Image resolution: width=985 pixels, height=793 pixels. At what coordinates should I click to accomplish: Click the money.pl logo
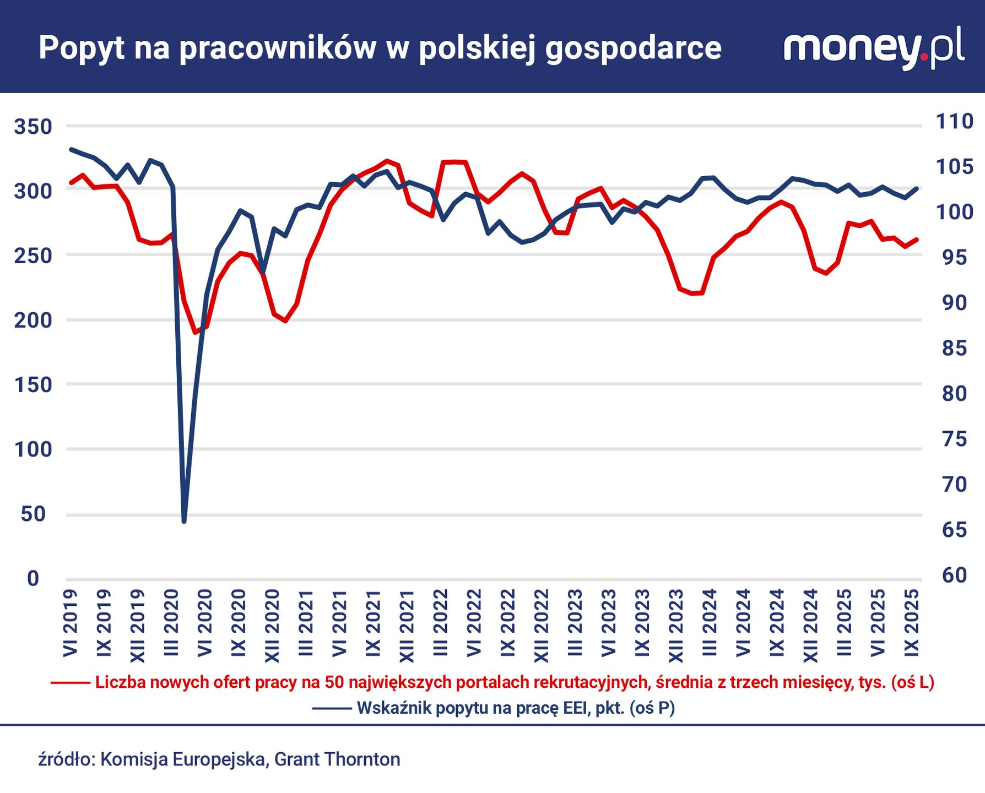click(874, 48)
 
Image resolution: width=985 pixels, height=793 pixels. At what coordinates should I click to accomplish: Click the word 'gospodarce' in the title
click(634, 48)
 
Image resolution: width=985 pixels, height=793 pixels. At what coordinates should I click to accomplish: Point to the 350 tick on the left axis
click(33, 127)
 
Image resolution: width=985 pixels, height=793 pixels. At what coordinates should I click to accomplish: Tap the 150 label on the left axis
click(33, 384)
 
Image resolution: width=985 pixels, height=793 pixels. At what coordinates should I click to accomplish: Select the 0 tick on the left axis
click(33, 578)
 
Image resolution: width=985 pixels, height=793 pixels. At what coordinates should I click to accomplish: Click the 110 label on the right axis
click(955, 121)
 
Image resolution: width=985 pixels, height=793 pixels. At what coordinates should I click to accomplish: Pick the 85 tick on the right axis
click(955, 348)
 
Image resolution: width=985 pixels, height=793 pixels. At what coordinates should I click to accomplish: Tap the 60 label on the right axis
click(955, 575)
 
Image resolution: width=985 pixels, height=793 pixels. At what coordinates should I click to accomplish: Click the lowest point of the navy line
click(184, 520)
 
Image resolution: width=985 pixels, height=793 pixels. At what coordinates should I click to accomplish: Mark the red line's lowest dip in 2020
click(195, 332)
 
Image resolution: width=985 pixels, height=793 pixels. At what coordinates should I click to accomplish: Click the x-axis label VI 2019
click(71, 623)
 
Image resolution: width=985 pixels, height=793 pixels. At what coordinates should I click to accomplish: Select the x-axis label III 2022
click(441, 623)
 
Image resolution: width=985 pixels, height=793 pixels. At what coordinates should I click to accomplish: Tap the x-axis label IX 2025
click(912, 623)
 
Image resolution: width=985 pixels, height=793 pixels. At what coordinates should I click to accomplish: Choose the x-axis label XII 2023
click(676, 626)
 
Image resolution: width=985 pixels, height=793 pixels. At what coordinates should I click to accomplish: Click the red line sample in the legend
click(71, 683)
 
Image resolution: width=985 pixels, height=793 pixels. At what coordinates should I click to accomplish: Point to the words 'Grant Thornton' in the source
click(337, 759)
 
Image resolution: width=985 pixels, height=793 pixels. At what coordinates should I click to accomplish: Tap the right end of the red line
click(917, 240)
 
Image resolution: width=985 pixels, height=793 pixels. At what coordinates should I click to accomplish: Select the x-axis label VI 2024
click(743, 623)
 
